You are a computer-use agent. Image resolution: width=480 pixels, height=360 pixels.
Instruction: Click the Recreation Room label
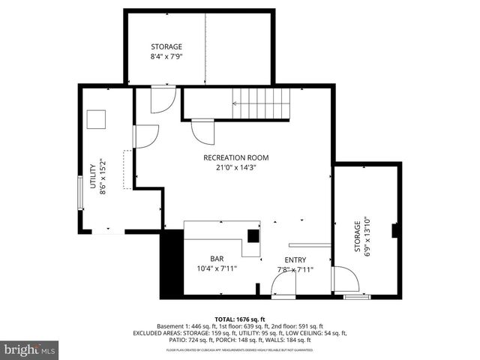pos(235,157)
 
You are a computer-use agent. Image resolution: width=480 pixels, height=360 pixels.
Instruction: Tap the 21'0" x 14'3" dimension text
pos(235,168)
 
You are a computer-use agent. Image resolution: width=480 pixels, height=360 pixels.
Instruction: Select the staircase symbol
pos(259,103)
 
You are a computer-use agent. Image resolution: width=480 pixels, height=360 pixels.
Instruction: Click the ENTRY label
pos(295,259)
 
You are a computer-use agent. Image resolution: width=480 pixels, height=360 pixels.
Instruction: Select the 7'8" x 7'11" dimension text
pos(295,269)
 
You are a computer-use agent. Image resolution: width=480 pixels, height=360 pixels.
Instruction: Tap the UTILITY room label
pos(94,177)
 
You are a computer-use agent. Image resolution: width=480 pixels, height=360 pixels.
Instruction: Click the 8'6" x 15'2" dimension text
pos(104,177)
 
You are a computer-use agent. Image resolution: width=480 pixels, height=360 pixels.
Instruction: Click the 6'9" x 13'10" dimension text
pos(367,237)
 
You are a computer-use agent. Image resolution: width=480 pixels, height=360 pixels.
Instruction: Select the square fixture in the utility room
pos(97,120)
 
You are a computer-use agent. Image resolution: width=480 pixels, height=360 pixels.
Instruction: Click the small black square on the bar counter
pos(253,235)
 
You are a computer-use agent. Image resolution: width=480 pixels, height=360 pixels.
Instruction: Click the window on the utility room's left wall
pos(80,193)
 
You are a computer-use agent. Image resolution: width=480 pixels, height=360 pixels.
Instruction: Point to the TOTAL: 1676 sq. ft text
pos(240,318)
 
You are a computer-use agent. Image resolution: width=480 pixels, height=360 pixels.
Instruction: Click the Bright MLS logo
pos(30,349)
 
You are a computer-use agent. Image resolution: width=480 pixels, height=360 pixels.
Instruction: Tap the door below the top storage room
pos(163,100)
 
